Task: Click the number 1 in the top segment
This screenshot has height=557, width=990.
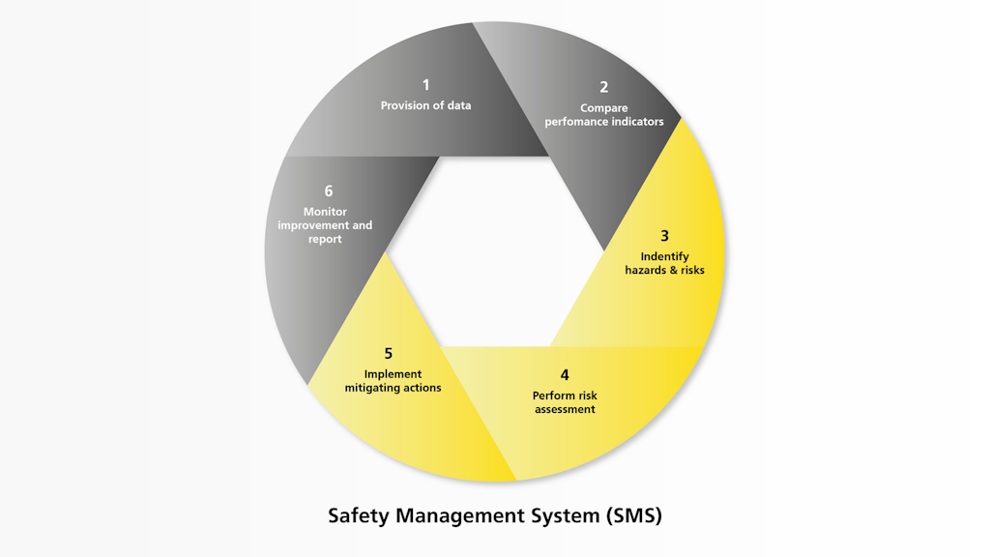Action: [x=425, y=85]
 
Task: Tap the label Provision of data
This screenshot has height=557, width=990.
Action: [x=425, y=105]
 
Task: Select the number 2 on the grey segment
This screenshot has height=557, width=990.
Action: [x=603, y=87]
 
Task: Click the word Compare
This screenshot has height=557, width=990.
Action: [x=603, y=108]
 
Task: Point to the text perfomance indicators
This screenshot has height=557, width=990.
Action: [x=603, y=122]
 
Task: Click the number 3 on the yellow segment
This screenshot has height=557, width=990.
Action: [x=664, y=236]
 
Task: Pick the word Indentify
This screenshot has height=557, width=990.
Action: [x=664, y=256]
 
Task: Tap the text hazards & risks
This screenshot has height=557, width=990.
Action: [x=664, y=271]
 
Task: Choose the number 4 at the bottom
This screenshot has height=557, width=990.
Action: [x=565, y=375]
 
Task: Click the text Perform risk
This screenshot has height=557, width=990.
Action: [x=565, y=396]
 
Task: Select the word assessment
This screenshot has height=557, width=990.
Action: [x=565, y=409]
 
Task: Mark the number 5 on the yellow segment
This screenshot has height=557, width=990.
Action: [x=388, y=354]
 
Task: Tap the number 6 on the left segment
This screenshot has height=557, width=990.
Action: [x=328, y=191]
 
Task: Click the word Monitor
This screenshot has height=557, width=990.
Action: [x=325, y=212]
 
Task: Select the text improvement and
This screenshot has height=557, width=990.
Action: [x=325, y=225]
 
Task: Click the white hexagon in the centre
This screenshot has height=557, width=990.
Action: [x=495, y=250]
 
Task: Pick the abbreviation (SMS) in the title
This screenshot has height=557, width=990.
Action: [x=634, y=515]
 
